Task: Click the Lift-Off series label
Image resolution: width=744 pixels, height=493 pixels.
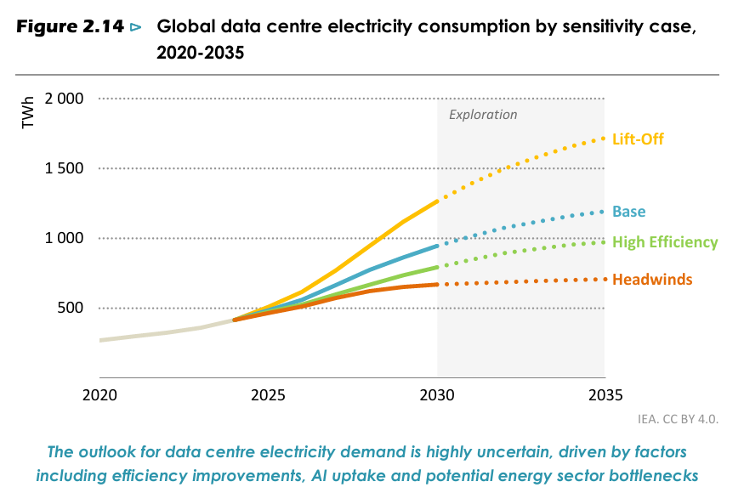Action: [638, 139]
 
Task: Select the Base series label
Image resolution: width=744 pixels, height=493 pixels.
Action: [628, 211]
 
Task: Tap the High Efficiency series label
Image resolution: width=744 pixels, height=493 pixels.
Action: [665, 242]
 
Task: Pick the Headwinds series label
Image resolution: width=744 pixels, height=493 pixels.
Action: [652, 279]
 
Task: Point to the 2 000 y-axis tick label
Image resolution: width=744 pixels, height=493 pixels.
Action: [64, 99]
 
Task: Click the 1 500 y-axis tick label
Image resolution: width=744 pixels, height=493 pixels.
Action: [64, 168]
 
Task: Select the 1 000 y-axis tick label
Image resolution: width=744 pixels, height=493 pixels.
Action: [64, 238]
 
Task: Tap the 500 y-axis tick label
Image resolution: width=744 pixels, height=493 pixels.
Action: [71, 308]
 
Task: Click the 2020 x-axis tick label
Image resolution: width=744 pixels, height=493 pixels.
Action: [99, 394]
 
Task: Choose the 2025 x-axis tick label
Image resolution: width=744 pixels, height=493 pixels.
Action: [268, 394]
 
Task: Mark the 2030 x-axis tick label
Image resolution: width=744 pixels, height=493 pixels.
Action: [437, 394]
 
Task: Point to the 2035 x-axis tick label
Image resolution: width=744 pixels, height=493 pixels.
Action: [605, 394]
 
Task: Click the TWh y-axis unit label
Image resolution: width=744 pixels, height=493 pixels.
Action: [28, 112]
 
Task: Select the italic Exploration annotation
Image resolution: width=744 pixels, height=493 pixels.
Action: [483, 115]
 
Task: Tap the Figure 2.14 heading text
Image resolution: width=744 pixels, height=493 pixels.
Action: [70, 26]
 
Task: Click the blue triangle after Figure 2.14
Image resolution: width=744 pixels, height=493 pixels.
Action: [136, 27]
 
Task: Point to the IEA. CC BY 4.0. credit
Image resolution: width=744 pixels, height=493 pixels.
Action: [678, 419]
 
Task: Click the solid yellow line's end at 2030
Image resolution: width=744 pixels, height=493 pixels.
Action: [437, 201]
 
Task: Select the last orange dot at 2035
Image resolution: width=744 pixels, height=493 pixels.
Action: [605, 279]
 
